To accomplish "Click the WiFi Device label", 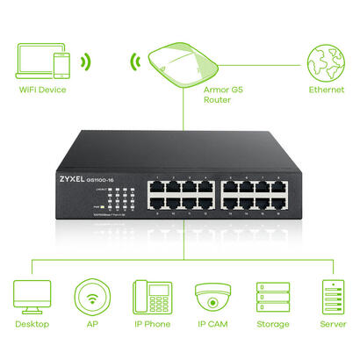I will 41,90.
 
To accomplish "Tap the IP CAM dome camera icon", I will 210,298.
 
